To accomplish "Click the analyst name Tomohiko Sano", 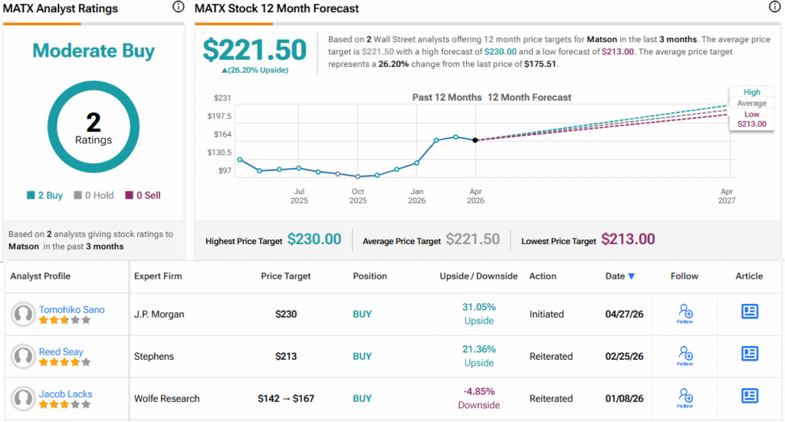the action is (x=71, y=309).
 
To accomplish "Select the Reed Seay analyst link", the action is (x=61, y=351).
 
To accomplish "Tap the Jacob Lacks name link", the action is (x=66, y=394).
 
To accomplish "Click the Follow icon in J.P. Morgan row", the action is (x=685, y=314).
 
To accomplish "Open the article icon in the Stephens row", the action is (x=750, y=354).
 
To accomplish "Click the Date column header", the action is (x=619, y=276).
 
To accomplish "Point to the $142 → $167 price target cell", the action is (x=286, y=398).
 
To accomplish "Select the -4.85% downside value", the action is (x=478, y=391).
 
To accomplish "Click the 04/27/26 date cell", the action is (x=624, y=315).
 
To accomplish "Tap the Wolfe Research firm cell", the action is (x=166, y=398).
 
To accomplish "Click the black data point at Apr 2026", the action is (x=475, y=140).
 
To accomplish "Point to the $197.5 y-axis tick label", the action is (x=219, y=117).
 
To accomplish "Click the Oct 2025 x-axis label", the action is (x=357, y=196).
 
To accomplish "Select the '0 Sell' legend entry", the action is (x=143, y=196).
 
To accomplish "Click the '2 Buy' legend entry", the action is (x=45, y=196).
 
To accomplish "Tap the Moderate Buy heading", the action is (x=94, y=51).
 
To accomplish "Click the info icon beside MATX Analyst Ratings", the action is (x=178, y=7).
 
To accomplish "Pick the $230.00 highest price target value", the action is (x=314, y=239).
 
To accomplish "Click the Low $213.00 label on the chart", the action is (x=751, y=119).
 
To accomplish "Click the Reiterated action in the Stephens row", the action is (x=550, y=356).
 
